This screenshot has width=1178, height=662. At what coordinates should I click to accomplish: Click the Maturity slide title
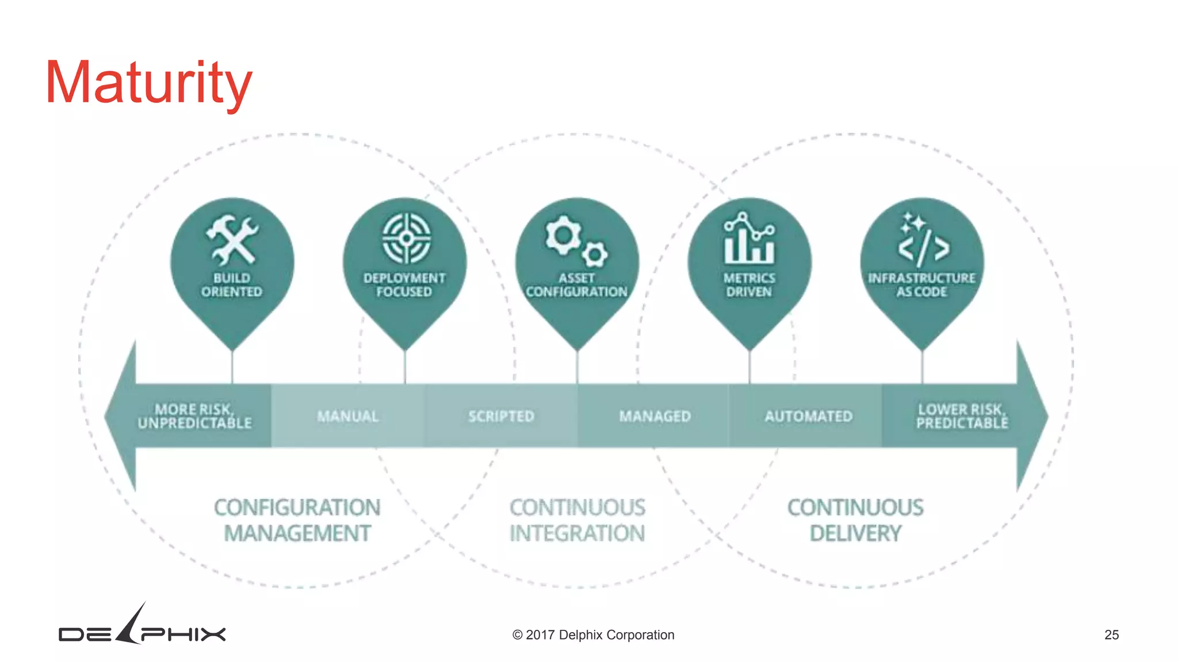click(x=148, y=83)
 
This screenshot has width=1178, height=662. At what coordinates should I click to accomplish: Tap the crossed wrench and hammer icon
click(x=232, y=240)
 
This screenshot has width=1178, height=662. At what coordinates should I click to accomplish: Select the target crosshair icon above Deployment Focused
click(x=406, y=238)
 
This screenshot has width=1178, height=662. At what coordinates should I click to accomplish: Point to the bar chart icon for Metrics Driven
click(x=749, y=238)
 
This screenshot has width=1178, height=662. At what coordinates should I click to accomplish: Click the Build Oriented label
click(x=232, y=285)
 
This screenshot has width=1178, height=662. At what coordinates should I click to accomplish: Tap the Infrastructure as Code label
click(x=921, y=285)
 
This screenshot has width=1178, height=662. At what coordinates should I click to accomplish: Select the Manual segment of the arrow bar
click(x=348, y=416)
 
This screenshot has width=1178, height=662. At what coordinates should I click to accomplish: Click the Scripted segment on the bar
click(x=501, y=416)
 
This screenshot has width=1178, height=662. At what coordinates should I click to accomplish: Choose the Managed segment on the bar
click(x=655, y=416)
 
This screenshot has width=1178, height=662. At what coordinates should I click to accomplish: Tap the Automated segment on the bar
click(x=808, y=416)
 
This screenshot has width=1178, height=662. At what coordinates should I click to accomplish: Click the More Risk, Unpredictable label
click(x=194, y=416)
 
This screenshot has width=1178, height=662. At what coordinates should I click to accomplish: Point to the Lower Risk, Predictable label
click(x=962, y=416)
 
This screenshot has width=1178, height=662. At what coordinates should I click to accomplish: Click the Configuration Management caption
click(x=297, y=520)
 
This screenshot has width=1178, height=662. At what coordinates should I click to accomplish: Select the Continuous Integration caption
click(x=577, y=520)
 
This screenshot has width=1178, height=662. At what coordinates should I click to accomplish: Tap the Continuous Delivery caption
click(x=855, y=520)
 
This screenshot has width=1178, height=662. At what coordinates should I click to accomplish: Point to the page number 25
click(x=1111, y=634)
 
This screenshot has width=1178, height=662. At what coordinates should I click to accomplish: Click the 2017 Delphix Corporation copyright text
click(x=593, y=634)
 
